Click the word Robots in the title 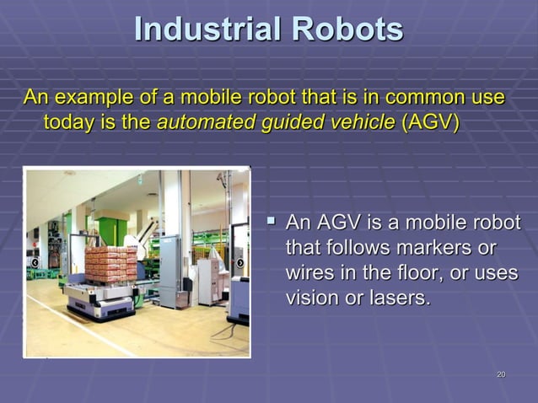(347, 30)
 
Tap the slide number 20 (501, 373)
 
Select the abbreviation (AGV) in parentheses (431, 122)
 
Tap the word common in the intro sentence (408, 98)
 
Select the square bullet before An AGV (271, 223)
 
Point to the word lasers (395, 298)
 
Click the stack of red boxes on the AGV (110, 263)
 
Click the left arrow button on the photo (35, 262)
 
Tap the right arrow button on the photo (239, 262)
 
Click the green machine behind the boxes (111, 230)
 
